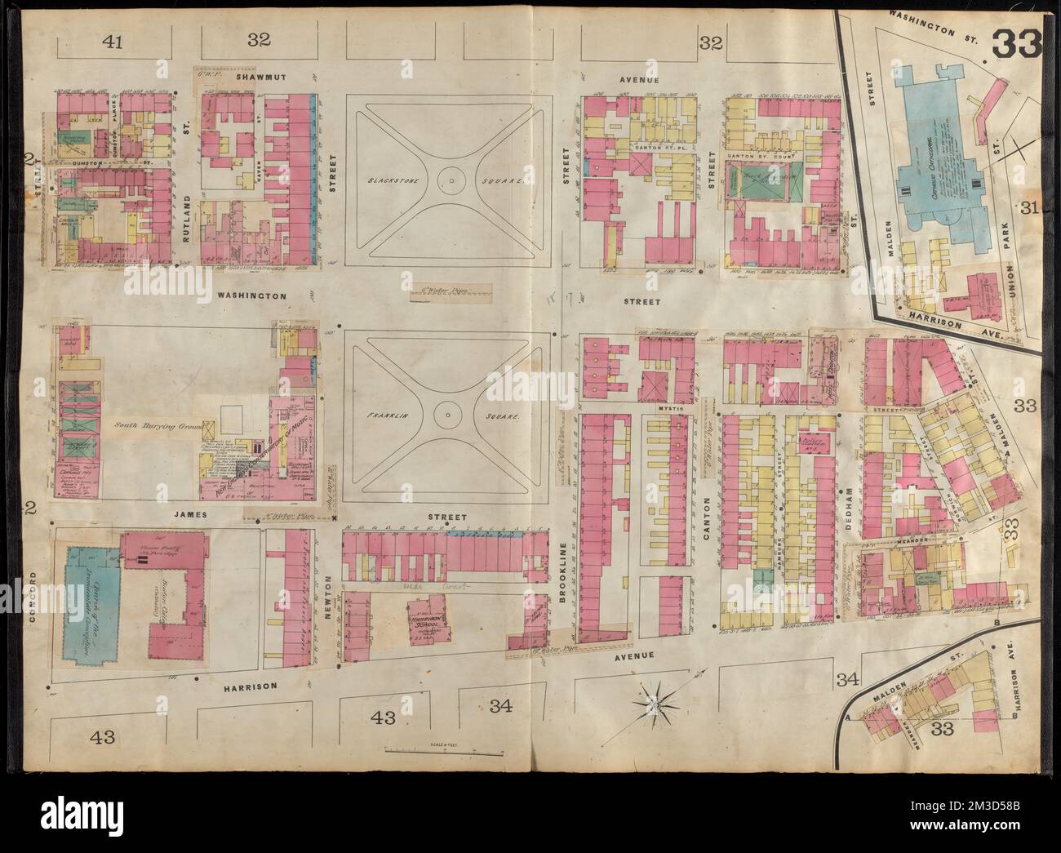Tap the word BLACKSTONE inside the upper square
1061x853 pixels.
tap(384, 179)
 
